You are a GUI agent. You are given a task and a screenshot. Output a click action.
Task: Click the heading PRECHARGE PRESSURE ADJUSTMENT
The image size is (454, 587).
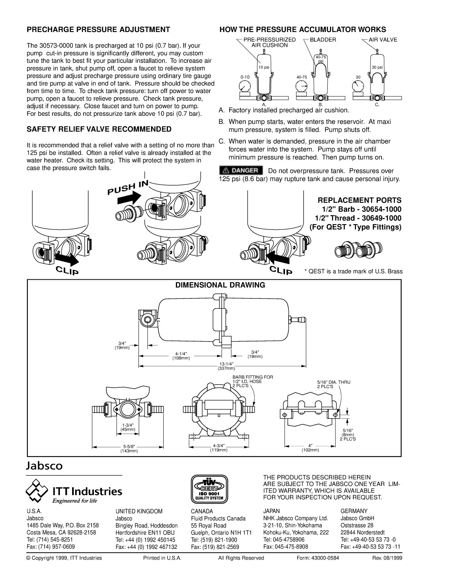tap(98, 30)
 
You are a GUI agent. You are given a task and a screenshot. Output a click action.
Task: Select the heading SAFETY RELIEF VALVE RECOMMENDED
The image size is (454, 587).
tap(99, 129)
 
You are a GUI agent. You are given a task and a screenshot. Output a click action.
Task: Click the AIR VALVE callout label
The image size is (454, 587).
tap(383, 40)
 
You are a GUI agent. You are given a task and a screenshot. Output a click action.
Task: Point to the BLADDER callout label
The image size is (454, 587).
tap(323, 40)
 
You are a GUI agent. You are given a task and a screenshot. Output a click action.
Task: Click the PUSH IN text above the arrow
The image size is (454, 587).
tap(127, 187)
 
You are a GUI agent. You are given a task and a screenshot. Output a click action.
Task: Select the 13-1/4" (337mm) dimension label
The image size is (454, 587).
tap(226, 366)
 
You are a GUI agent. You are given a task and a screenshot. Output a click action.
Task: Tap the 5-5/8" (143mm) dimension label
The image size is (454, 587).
tap(129, 449)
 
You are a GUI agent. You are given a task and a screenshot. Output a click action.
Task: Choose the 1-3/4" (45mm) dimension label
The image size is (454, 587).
tap(128, 427)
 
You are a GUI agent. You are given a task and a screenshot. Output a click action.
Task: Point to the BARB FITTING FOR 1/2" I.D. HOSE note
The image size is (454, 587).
tap(253, 381)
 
